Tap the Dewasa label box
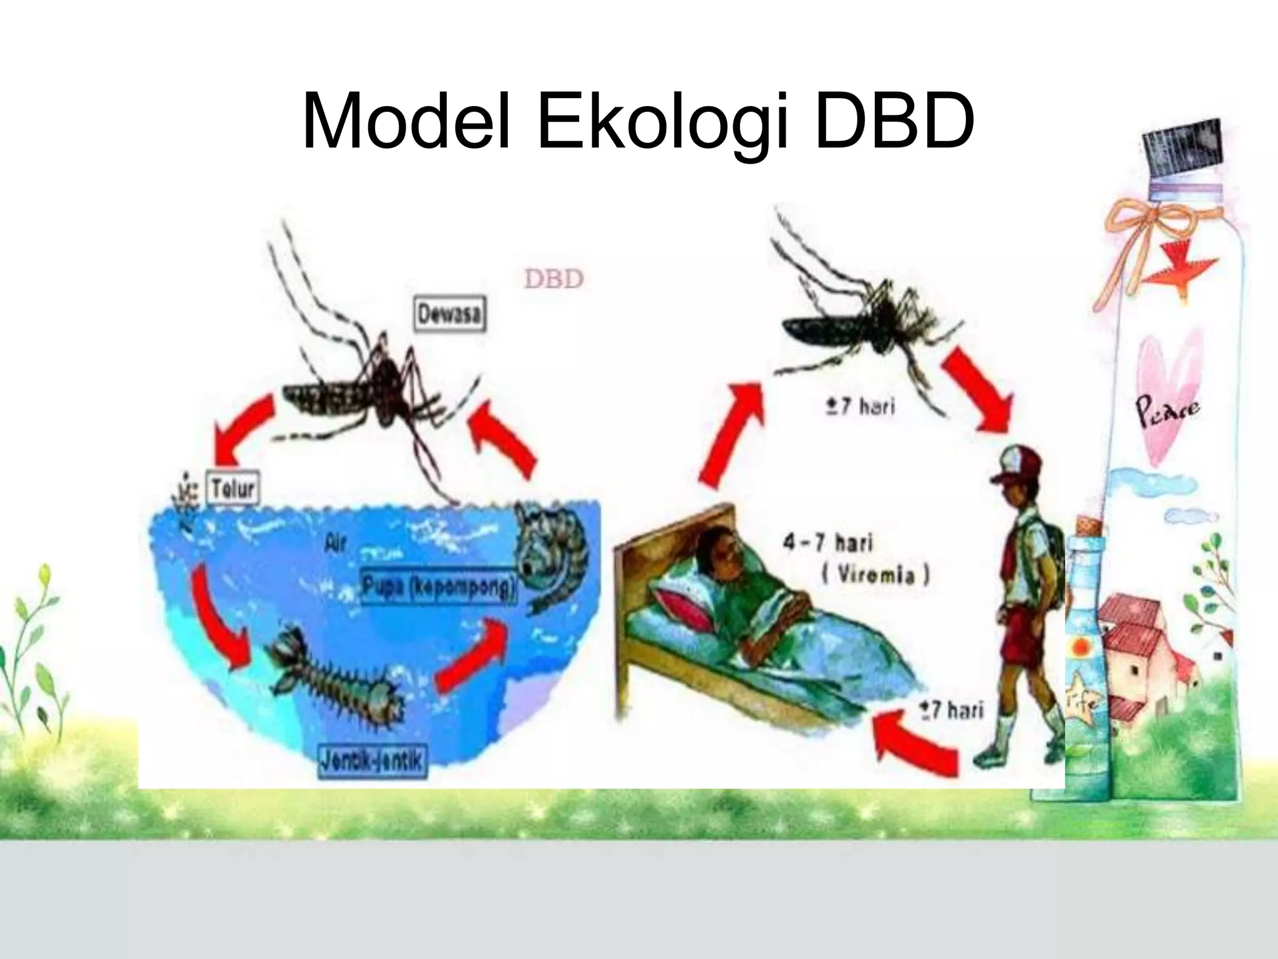[x=450, y=315]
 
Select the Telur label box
[x=232, y=489]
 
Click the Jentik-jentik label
[x=373, y=760]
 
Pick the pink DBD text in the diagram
[x=554, y=279]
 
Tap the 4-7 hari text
[x=827, y=542]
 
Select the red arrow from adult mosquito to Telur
[x=243, y=425]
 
